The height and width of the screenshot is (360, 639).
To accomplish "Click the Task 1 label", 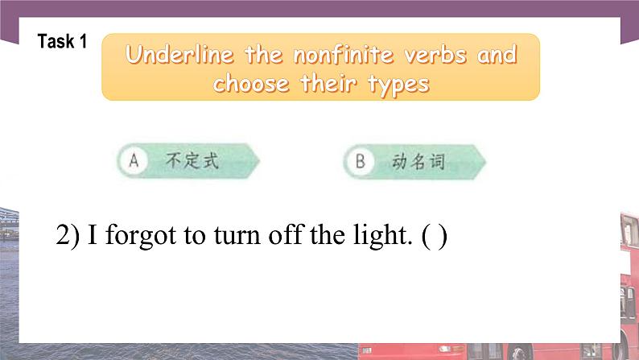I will tap(62, 42).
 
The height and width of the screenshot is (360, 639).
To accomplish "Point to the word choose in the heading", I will tap(252, 84).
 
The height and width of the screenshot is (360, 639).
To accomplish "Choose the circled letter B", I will tap(359, 161).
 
